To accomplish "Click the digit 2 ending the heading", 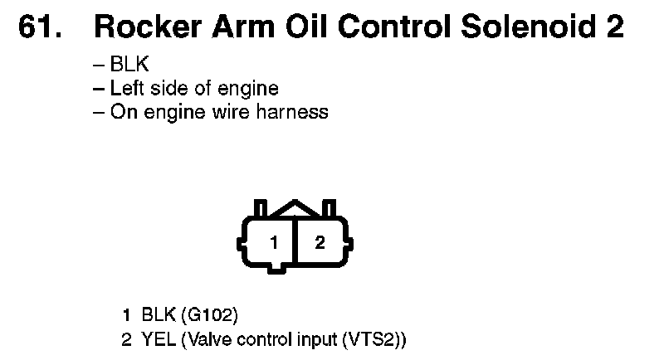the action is [x=614, y=27].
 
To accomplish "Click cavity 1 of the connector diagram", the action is [x=273, y=243].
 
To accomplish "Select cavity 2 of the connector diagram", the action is [x=320, y=243].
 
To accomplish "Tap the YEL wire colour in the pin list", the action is [x=156, y=339].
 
